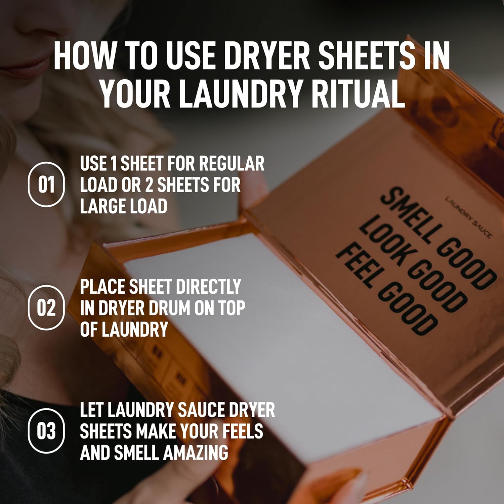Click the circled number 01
pos(46,184)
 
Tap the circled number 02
pos(46,307)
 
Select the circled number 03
pos(46,431)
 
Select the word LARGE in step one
pos(100,206)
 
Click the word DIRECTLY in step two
pos(208,287)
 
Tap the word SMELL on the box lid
pos(407,215)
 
